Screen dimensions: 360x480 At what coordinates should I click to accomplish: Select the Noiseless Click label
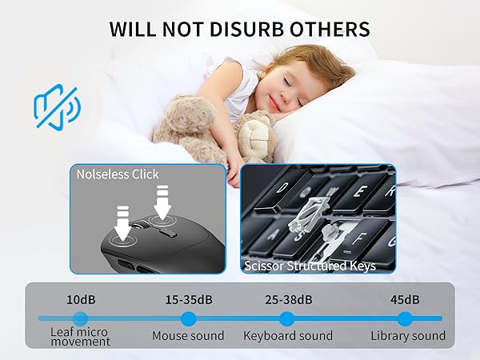[x=118, y=174]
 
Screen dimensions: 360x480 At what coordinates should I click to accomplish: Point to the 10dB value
[x=79, y=300]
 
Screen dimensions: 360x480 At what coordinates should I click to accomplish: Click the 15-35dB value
[x=188, y=300]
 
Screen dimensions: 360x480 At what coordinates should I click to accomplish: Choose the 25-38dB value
[x=287, y=300]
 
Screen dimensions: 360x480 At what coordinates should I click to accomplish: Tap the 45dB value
[x=405, y=300]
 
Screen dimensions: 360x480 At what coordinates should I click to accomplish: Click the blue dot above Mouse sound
[x=189, y=318]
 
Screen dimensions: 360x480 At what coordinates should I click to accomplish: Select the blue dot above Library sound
[x=405, y=318]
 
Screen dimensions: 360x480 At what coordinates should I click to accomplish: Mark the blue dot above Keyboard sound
[x=287, y=318]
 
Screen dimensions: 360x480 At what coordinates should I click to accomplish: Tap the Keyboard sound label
[x=287, y=336]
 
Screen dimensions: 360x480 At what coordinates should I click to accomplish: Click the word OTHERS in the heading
[x=330, y=30]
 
